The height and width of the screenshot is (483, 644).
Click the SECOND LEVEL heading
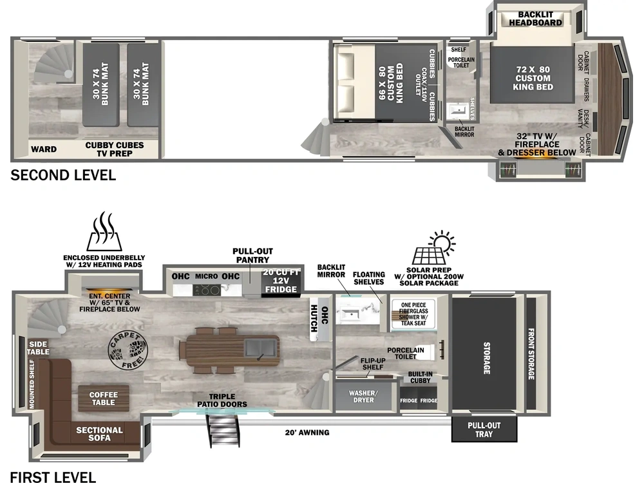[63, 175]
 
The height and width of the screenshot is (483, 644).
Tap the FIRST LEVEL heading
[53, 477]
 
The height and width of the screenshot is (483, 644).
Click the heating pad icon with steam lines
[103, 233]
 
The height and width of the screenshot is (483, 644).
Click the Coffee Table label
[103, 398]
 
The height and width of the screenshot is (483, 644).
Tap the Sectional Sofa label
[99, 433]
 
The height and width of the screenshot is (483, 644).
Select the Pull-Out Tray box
[484, 430]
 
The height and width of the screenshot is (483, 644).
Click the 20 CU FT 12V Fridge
[281, 281]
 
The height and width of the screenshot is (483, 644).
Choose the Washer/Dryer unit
[363, 396]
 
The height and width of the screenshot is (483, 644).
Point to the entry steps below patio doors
[222, 430]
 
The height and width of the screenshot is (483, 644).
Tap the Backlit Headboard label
[535, 18]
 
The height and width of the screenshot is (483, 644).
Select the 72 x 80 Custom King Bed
[532, 77]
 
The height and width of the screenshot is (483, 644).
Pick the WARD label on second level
[44, 149]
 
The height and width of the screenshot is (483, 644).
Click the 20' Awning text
[307, 432]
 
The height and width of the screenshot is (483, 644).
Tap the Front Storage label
[531, 354]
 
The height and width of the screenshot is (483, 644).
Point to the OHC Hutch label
[315, 318]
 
